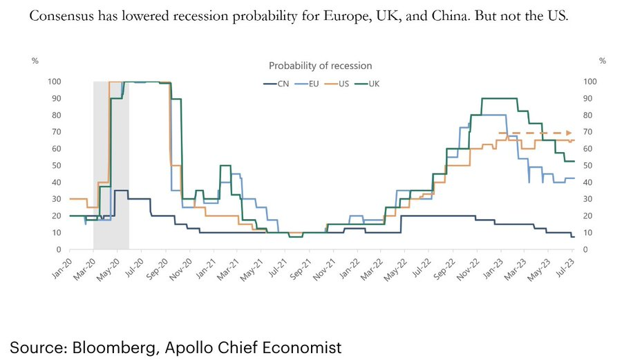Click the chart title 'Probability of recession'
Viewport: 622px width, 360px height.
tap(320, 66)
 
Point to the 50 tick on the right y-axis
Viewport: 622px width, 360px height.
tap(590, 166)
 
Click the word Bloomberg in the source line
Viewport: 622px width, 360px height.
tap(109, 346)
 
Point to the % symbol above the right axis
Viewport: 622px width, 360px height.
tap(602, 61)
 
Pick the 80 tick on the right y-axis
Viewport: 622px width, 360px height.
tap(590, 115)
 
